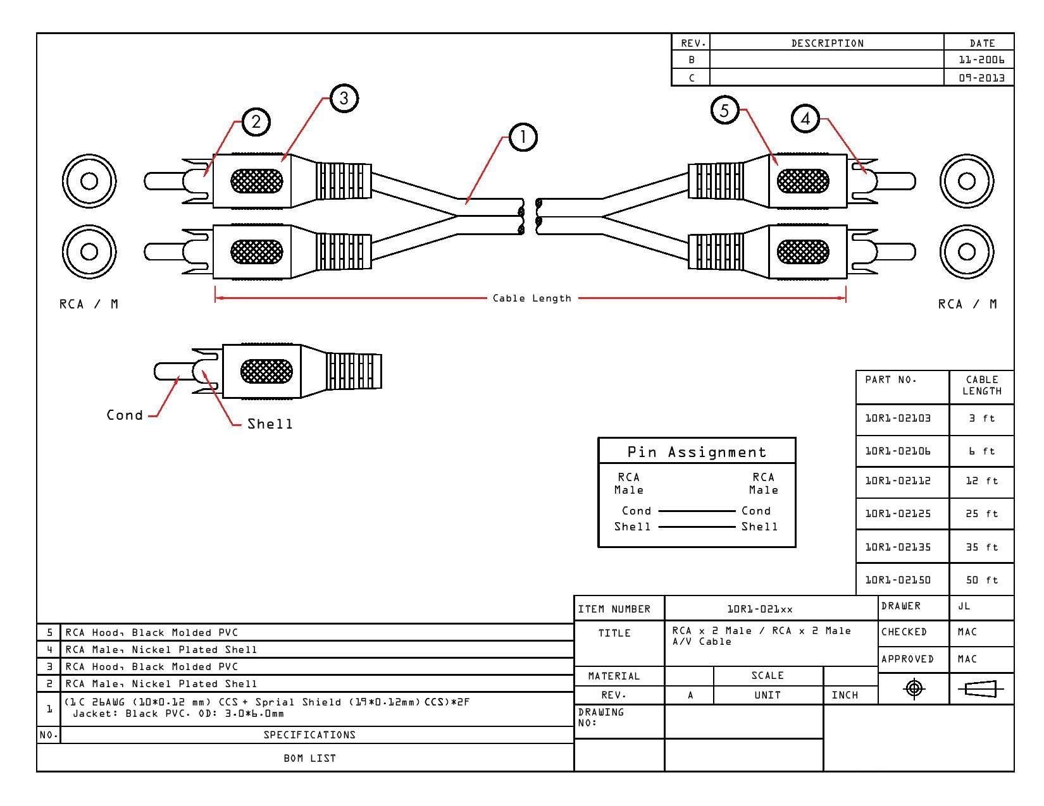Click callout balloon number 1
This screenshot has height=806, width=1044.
tap(522, 137)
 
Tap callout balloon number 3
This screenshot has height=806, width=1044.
tap(344, 99)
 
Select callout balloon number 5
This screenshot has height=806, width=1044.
tap(724, 111)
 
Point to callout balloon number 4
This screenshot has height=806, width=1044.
tap(805, 119)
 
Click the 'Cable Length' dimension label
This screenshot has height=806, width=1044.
tap(532, 298)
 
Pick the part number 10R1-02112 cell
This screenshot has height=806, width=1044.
tap(897, 480)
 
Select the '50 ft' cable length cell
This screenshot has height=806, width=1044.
tap(981, 580)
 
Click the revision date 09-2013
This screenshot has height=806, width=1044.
tap(981, 78)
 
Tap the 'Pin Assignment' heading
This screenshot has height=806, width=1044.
tap(697, 452)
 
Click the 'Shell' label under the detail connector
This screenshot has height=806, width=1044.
tap(270, 424)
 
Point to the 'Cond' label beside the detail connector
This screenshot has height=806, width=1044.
tap(125, 415)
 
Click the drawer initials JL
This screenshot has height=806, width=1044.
tap(964, 606)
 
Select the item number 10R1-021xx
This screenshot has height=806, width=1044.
tap(759, 609)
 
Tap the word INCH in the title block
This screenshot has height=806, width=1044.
tap(845, 695)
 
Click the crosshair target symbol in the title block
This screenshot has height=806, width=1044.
tap(914, 689)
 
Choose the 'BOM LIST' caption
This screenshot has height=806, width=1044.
tap(309, 758)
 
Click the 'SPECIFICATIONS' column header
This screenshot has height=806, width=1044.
tap(309, 735)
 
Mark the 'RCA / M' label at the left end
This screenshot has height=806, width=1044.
tap(89, 304)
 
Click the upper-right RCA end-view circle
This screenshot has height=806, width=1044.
tap(966, 181)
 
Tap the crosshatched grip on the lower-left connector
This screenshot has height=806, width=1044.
tap(256, 252)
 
